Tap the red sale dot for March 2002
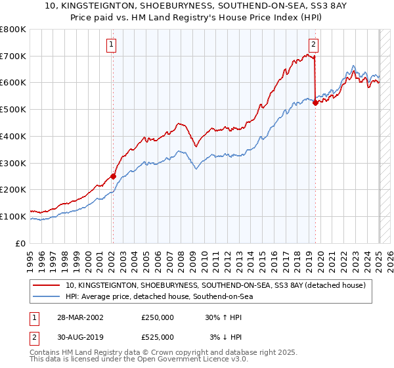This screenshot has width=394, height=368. click(x=113, y=176)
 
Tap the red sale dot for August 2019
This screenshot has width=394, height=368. click(x=316, y=102)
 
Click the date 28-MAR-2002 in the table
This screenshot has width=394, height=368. click(x=76, y=317)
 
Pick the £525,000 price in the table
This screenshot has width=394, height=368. click(x=158, y=337)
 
